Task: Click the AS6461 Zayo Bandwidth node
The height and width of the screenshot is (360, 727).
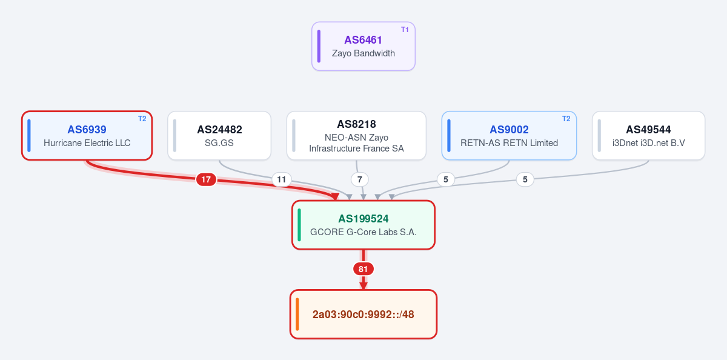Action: pyautogui.click(x=363, y=46)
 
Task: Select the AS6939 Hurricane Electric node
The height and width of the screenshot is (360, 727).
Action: pyautogui.click(x=87, y=135)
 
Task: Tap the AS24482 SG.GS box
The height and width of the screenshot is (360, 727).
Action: pyautogui.click(x=219, y=135)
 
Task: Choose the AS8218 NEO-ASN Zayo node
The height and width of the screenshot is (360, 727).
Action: pyautogui.click(x=356, y=135)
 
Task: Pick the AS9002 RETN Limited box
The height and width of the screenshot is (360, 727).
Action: pyautogui.click(x=509, y=135)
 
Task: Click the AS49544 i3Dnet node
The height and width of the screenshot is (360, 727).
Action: pyautogui.click(x=648, y=135)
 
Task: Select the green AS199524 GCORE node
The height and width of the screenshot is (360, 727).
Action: pyautogui.click(x=363, y=225)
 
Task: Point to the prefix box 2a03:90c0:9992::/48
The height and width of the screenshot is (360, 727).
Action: pyautogui.click(x=363, y=314)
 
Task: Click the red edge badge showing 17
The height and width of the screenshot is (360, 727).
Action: pyautogui.click(x=206, y=179)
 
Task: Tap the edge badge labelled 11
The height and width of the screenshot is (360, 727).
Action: pyautogui.click(x=281, y=179)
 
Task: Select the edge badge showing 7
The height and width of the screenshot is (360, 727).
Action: pyautogui.click(x=360, y=179)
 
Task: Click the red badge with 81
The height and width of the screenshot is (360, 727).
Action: pyautogui.click(x=363, y=269)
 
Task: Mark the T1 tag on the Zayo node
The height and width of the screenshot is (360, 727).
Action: pyautogui.click(x=405, y=30)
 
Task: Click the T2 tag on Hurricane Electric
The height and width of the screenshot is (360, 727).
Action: pyautogui.click(x=142, y=119)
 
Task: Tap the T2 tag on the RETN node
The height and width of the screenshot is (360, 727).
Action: pyautogui.click(x=566, y=119)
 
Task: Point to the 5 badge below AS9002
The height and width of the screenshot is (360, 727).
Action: pyautogui.click(x=446, y=179)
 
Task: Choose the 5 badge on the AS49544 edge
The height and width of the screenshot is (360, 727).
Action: pyautogui.click(x=525, y=179)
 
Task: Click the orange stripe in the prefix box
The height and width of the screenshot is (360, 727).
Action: pyautogui.click(x=297, y=314)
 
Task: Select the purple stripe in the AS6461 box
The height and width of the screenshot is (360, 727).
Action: pyautogui.click(x=319, y=46)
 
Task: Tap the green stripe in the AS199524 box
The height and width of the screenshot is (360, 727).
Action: pyautogui.click(x=299, y=225)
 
